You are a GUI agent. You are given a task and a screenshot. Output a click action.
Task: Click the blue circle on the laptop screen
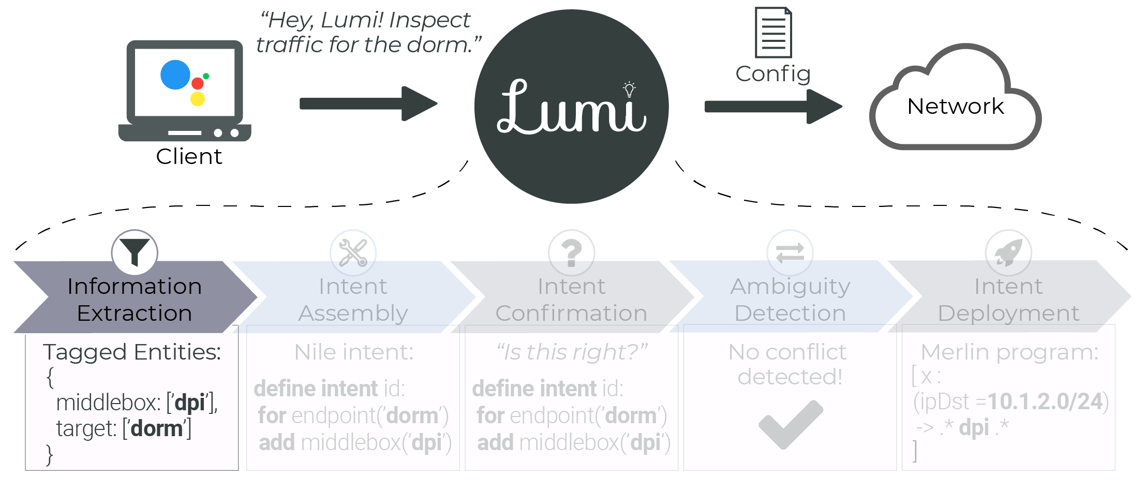click(x=175, y=75)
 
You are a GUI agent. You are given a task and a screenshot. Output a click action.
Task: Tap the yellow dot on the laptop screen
click(x=198, y=99)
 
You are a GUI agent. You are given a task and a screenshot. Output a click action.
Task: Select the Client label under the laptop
click(x=189, y=156)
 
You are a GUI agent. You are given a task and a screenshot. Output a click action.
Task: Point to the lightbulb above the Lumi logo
click(x=629, y=89)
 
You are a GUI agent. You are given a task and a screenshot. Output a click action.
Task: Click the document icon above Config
click(x=773, y=32)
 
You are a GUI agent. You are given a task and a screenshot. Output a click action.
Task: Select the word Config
click(x=773, y=73)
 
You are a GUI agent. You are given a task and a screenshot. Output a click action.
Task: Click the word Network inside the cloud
click(x=956, y=106)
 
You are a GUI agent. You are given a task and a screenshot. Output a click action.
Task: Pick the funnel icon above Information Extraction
click(x=135, y=252)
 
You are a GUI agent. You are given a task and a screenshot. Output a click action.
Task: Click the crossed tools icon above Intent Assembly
click(x=353, y=252)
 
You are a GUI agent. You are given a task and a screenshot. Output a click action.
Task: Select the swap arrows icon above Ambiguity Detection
click(x=790, y=252)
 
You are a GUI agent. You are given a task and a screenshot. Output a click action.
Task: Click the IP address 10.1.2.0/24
click(x=1045, y=401)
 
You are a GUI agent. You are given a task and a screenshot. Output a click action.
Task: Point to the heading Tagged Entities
click(x=132, y=352)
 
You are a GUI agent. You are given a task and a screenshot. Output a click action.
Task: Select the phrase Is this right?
click(x=572, y=352)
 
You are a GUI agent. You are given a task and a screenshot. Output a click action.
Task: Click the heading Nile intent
click(x=354, y=352)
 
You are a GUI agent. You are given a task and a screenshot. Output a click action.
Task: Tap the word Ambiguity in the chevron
click(x=790, y=286)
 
